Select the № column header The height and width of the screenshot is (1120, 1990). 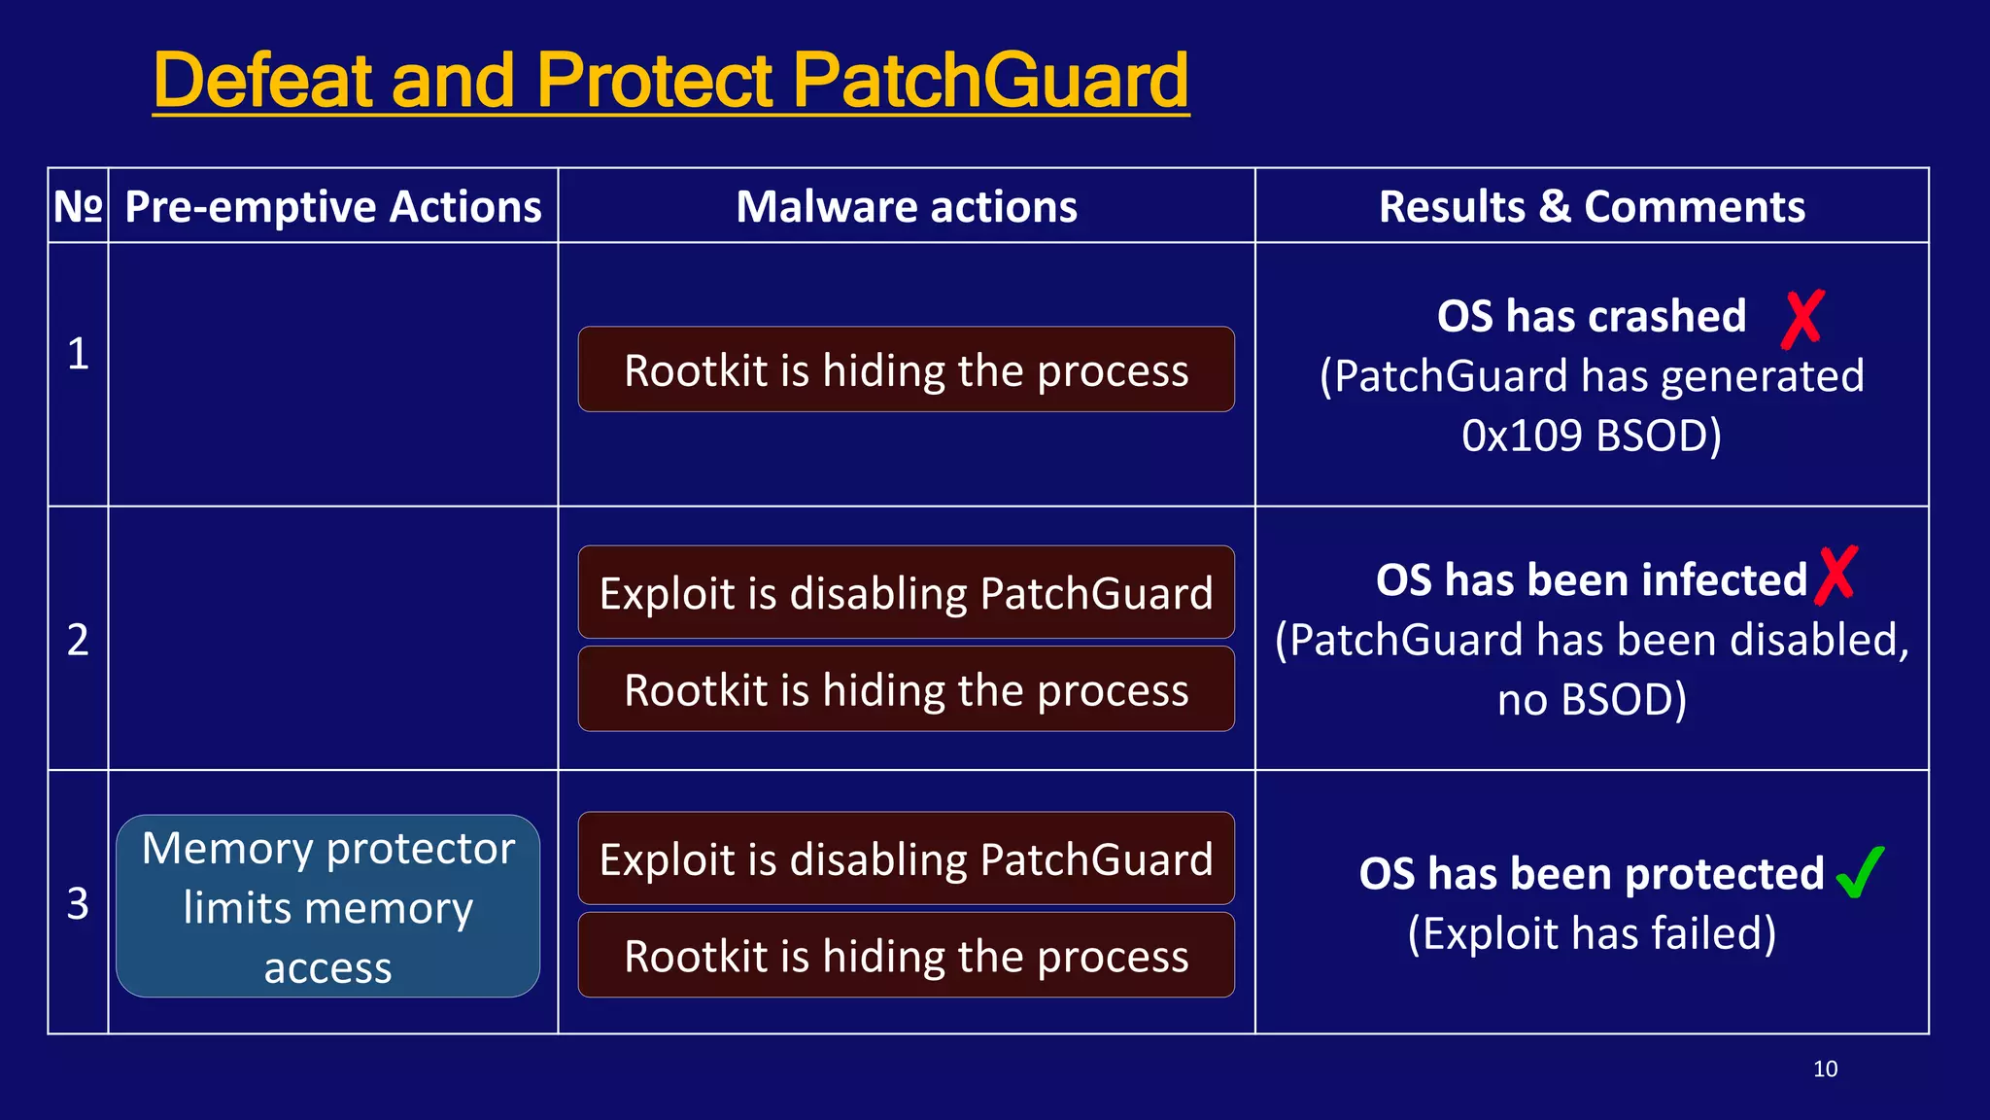click(78, 206)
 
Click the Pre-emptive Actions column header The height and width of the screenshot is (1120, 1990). click(333, 206)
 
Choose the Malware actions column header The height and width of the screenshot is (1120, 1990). click(906, 206)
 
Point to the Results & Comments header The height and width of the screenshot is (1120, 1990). click(1592, 206)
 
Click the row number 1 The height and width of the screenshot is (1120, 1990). click(78, 353)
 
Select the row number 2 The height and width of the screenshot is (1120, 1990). click(78, 640)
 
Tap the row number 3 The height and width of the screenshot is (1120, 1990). click(78, 903)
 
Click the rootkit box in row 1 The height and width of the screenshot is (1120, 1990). click(906, 369)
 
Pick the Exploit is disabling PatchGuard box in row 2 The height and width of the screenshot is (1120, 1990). click(906, 592)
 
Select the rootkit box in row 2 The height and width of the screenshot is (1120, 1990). click(906, 689)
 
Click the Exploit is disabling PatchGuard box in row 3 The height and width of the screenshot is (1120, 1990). click(906, 858)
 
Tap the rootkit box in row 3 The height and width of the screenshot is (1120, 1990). click(906, 956)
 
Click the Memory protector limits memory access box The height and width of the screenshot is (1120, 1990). click(328, 906)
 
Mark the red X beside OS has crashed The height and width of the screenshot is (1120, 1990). click(1802, 319)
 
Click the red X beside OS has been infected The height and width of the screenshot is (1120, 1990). click(1836, 576)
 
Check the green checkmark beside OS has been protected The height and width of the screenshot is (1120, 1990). click(1860, 872)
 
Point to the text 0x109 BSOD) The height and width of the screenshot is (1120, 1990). click(1592, 436)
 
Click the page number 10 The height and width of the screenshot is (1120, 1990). click(1825, 1068)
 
